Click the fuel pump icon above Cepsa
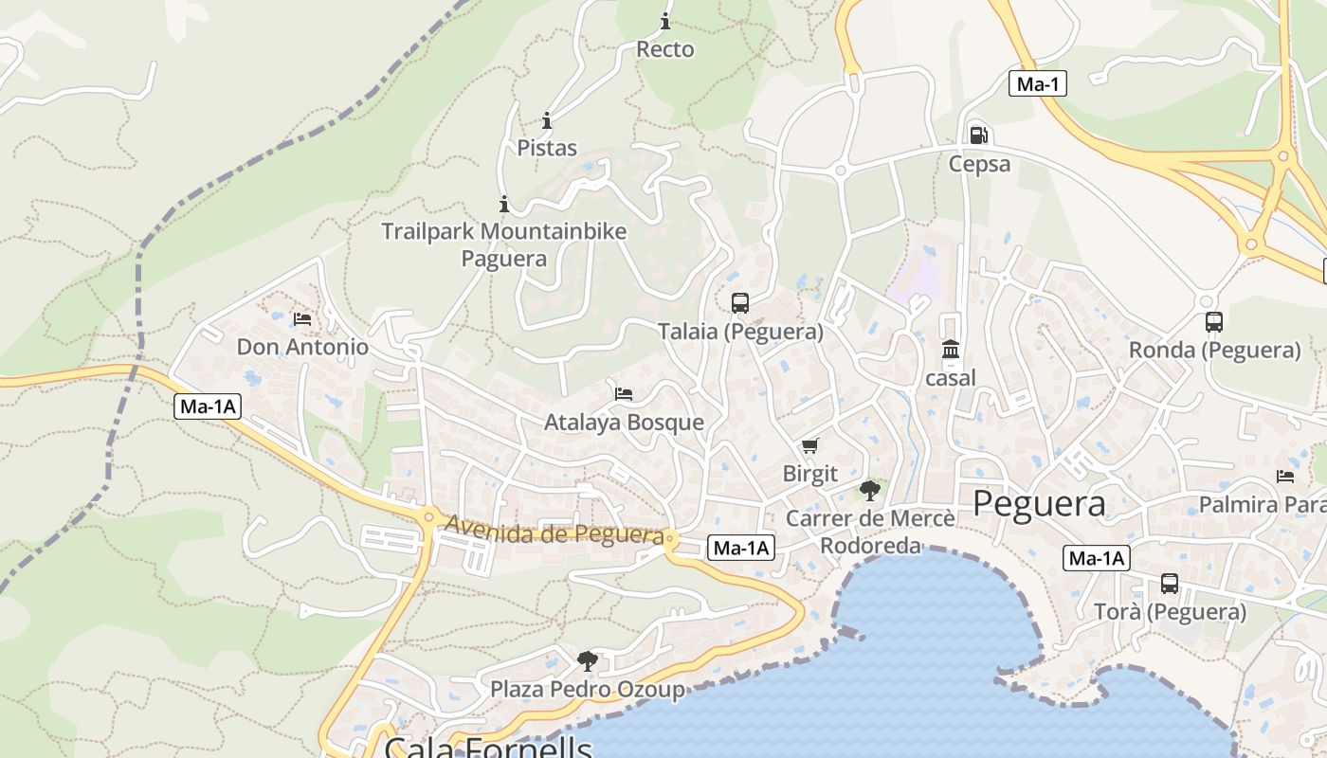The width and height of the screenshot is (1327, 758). click(x=979, y=135)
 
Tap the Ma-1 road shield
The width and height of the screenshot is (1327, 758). click(x=1037, y=83)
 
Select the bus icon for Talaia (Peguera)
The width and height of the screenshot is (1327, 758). click(x=740, y=303)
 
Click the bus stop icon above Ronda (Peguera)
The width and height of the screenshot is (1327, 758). click(x=1214, y=322)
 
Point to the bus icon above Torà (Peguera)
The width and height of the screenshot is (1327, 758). click(x=1170, y=584)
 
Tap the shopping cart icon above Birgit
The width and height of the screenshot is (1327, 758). click(x=809, y=445)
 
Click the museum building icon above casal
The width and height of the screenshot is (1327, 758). click(x=951, y=350)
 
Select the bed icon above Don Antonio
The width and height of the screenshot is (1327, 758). click(x=302, y=318)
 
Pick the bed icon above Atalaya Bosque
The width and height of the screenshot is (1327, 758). click(x=624, y=393)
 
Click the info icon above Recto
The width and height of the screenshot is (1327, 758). click(x=665, y=21)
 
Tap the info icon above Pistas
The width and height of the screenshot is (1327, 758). click(x=547, y=120)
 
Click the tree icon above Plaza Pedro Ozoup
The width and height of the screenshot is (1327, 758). click(x=588, y=660)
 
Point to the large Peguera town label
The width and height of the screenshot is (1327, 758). click(x=1039, y=503)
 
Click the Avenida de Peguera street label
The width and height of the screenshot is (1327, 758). click(x=554, y=531)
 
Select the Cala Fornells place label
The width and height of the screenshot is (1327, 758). click(x=488, y=747)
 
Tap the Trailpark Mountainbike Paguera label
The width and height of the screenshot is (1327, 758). click(x=503, y=244)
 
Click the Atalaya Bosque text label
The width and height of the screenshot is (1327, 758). click(x=624, y=423)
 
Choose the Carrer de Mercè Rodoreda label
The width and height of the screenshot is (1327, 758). click(x=870, y=532)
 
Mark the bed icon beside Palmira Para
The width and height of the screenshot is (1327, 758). click(x=1285, y=476)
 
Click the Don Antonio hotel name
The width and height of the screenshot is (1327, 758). click(x=302, y=347)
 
